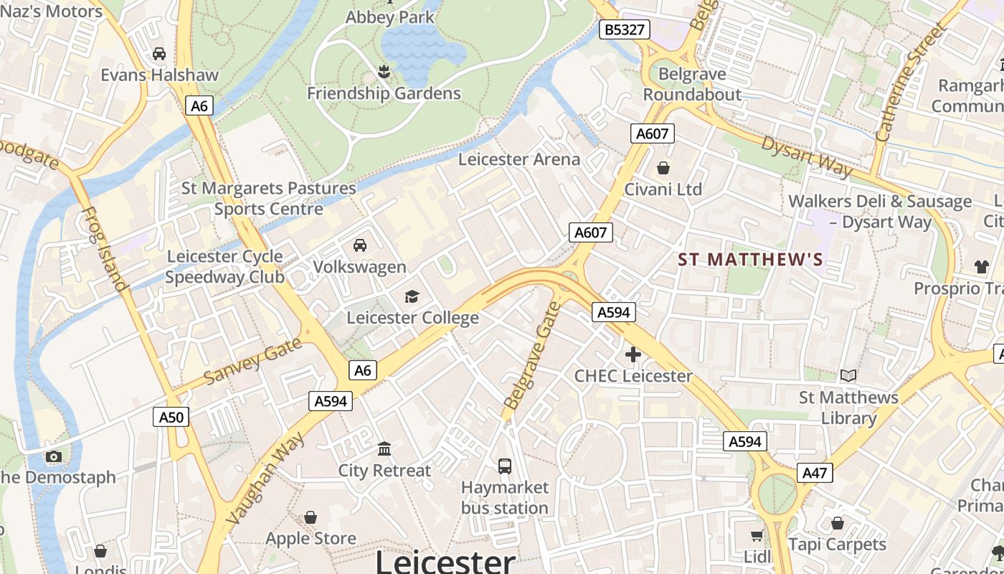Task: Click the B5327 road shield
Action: point(625,29)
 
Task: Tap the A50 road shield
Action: point(171,417)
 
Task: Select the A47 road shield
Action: point(815,473)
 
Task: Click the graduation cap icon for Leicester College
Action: point(412,296)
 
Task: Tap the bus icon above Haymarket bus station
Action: point(505,466)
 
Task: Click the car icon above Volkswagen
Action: point(360,245)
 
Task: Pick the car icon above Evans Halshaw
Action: point(159,54)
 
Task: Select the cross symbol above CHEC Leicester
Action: point(633,354)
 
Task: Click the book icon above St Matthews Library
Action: point(848,376)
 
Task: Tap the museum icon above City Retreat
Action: point(384,449)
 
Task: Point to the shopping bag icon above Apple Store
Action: point(311,517)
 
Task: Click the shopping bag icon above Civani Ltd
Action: point(663,169)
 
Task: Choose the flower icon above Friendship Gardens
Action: point(384,71)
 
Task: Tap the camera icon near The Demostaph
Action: point(53,456)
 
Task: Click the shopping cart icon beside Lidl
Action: point(757,535)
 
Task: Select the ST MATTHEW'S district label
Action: point(750,260)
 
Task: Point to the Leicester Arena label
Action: point(519,159)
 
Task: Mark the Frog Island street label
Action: point(105,249)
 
